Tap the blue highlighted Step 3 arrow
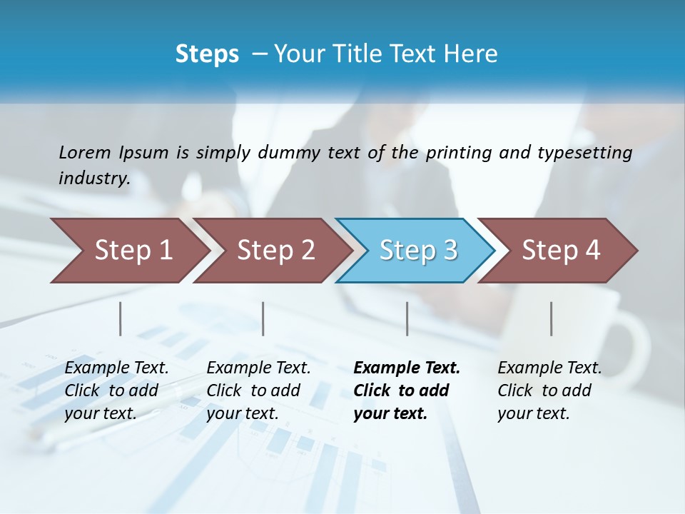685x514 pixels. [x=418, y=251]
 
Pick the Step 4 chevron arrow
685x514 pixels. [x=561, y=251]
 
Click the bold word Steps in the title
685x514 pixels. [x=207, y=54]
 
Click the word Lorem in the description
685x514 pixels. [x=84, y=152]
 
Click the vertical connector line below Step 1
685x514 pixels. [x=121, y=318]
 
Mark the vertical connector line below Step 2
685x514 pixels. [x=263, y=318]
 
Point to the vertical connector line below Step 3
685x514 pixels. [x=407, y=318]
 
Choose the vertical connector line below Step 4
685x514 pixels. [x=551, y=318]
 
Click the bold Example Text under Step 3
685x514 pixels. [x=407, y=368]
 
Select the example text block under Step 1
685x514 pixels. [x=116, y=390]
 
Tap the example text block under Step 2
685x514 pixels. [x=258, y=390]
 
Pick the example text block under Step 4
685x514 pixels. [x=549, y=390]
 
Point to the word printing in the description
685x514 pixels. [x=457, y=152]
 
